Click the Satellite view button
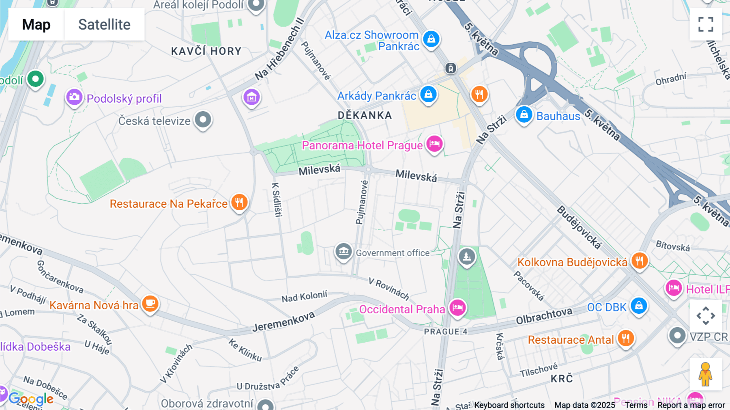click(104, 24)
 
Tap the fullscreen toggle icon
click(706, 24)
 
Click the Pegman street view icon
click(705, 374)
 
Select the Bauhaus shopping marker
click(524, 114)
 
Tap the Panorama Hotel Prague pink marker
click(434, 144)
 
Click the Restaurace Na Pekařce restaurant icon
click(239, 202)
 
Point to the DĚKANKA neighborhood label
click(365, 116)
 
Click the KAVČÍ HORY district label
click(206, 51)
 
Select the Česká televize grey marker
click(203, 120)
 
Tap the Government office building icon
click(344, 251)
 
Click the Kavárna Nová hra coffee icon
click(150, 304)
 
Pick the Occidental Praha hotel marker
click(457, 307)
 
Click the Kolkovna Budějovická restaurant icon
click(639, 261)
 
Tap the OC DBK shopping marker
click(639, 306)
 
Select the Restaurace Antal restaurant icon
click(625, 338)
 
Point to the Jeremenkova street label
click(283, 322)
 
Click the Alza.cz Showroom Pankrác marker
click(431, 39)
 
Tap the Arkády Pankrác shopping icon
click(428, 94)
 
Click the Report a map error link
click(691, 405)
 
